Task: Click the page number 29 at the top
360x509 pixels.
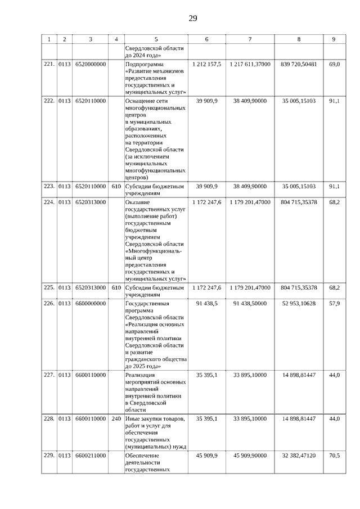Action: (192, 19)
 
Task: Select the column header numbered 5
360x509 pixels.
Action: (156, 39)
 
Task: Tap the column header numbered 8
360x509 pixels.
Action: (298, 39)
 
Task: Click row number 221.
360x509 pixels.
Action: (49, 65)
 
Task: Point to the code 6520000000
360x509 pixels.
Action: (91, 65)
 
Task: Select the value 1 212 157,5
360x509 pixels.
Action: (206, 65)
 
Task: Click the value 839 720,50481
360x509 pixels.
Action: (298, 65)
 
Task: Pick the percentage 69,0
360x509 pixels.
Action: (334, 65)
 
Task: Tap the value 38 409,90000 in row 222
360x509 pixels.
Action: (250, 101)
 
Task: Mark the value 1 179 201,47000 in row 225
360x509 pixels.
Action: (250, 287)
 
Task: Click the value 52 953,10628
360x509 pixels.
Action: (298, 304)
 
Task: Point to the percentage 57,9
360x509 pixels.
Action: (334, 304)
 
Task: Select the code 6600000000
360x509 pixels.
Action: (91, 304)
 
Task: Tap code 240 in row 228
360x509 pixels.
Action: (116, 419)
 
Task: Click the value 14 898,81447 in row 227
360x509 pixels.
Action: (298, 375)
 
